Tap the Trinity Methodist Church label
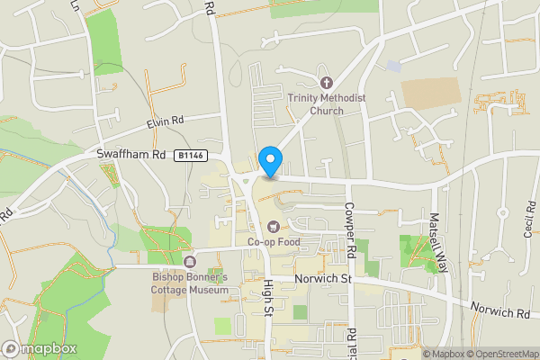315,104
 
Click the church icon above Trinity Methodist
326,83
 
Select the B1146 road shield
191,156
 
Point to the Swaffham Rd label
132,155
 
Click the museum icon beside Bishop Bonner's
190,262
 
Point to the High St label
267,298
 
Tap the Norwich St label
322,279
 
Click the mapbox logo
39,348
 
